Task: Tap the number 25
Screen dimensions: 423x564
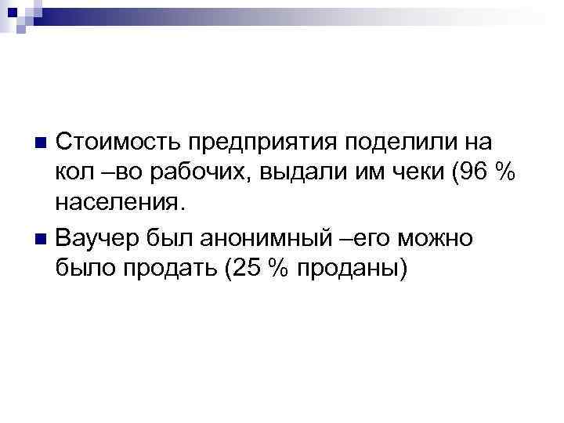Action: (x=245, y=266)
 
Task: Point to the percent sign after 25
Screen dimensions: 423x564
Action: (x=277, y=266)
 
